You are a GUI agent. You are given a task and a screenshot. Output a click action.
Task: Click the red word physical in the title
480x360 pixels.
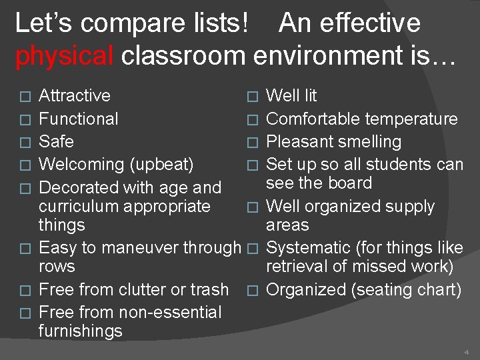click(64, 56)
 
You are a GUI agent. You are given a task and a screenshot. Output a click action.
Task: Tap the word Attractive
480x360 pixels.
click(75, 96)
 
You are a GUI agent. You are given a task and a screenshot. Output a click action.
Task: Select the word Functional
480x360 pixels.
click(79, 119)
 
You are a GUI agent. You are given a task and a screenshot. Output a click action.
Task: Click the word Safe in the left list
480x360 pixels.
click(57, 142)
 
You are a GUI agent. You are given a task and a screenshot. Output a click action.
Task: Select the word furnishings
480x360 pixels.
click(81, 331)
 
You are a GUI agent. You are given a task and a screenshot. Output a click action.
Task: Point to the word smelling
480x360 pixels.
click(367, 142)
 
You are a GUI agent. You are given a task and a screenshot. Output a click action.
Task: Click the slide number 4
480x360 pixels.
click(466, 351)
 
